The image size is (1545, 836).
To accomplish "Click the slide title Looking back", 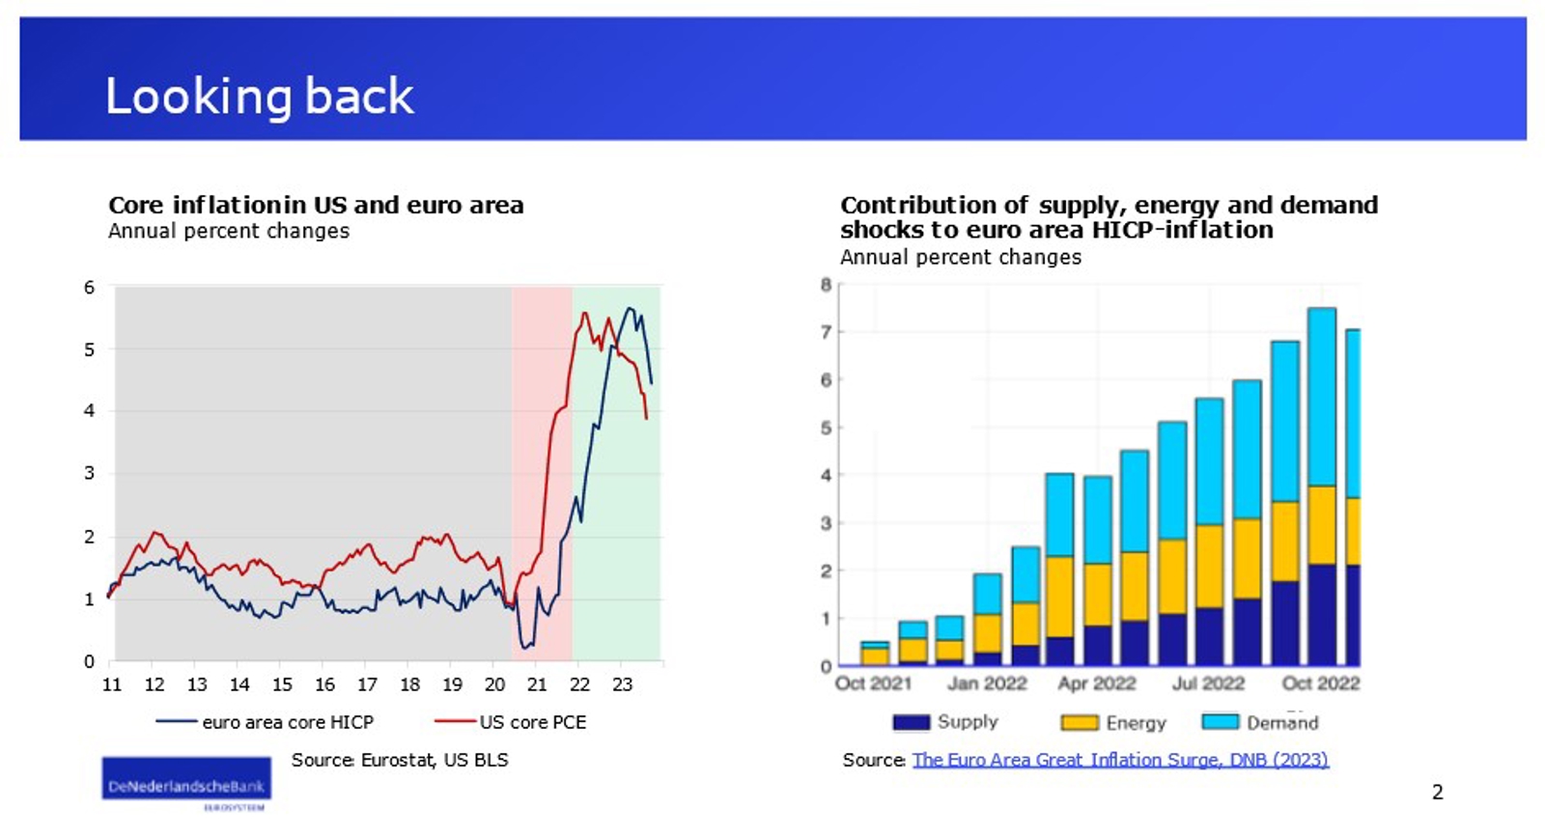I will pyautogui.click(x=259, y=97).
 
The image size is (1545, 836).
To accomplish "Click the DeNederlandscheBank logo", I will pyautogui.click(x=185, y=784).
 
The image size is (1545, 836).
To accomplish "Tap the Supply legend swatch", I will pyautogui.click(x=911, y=722).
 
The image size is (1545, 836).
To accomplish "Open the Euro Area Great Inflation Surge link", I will pyautogui.click(x=1120, y=760).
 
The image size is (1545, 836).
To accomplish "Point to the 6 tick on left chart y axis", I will pyautogui.click(x=90, y=288).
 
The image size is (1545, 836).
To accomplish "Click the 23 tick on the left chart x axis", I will pyautogui.click(x=622, y=684).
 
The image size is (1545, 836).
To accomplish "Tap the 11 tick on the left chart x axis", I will pyautogui.click(x=112, y=684).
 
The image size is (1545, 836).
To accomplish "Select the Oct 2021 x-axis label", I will pyautogui.click(x=873, y=683).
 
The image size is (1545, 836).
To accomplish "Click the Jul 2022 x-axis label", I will pyautogui.click(x=1208, y=683).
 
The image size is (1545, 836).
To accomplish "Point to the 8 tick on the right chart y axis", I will pyautogui.click(x=826, y=285).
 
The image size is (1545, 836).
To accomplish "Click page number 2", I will pyautogui.click(x=1437, y=793).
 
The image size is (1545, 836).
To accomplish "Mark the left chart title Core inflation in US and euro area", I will pyautogui.click(x=316, y=206).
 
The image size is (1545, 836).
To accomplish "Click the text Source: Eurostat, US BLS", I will pyautogui.click(x=400, y=760).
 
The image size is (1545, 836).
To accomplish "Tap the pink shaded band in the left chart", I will pyautogui.click(x=542, y=434).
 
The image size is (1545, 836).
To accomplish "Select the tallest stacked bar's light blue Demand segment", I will pyautogui.click(x=1321, y=397).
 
